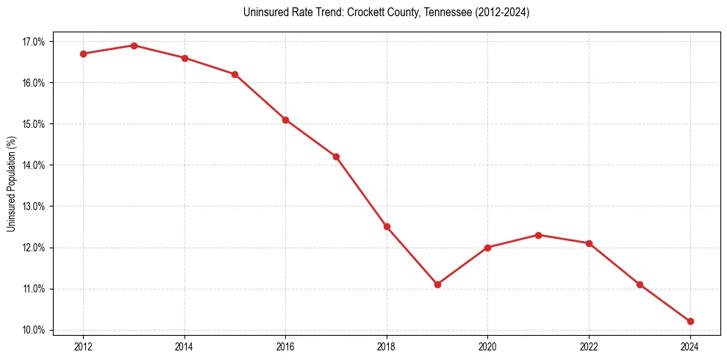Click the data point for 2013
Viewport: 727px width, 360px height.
(x=134, y=46)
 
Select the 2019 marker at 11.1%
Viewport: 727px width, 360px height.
(x=437, y=284)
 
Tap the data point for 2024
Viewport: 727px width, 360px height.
(x=690, y=321)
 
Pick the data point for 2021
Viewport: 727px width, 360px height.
(x=538, y=235)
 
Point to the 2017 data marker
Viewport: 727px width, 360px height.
(x=336, y=156)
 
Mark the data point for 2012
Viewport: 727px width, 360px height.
(x=83, y=54)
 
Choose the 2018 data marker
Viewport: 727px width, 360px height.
(x=387, y=226)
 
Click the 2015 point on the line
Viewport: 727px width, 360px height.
(x=234, y=74)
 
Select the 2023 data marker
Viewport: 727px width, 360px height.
(x=640, y=284)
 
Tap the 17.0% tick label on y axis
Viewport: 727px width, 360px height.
(x=34, y=42)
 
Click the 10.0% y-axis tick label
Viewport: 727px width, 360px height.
(x=34, y=330)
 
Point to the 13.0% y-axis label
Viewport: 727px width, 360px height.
(x=34, y=206)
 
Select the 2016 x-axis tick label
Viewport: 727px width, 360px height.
(x=285, y=346)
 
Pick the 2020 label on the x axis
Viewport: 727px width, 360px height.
(x=487, y=346)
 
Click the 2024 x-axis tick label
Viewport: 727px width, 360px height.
(x=690, y=346)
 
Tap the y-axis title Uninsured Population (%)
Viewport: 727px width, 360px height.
(x=11, y=184)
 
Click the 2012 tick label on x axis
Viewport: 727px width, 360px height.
(x=83, y=346)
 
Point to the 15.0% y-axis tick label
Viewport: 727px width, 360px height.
(x=34, y=124)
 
